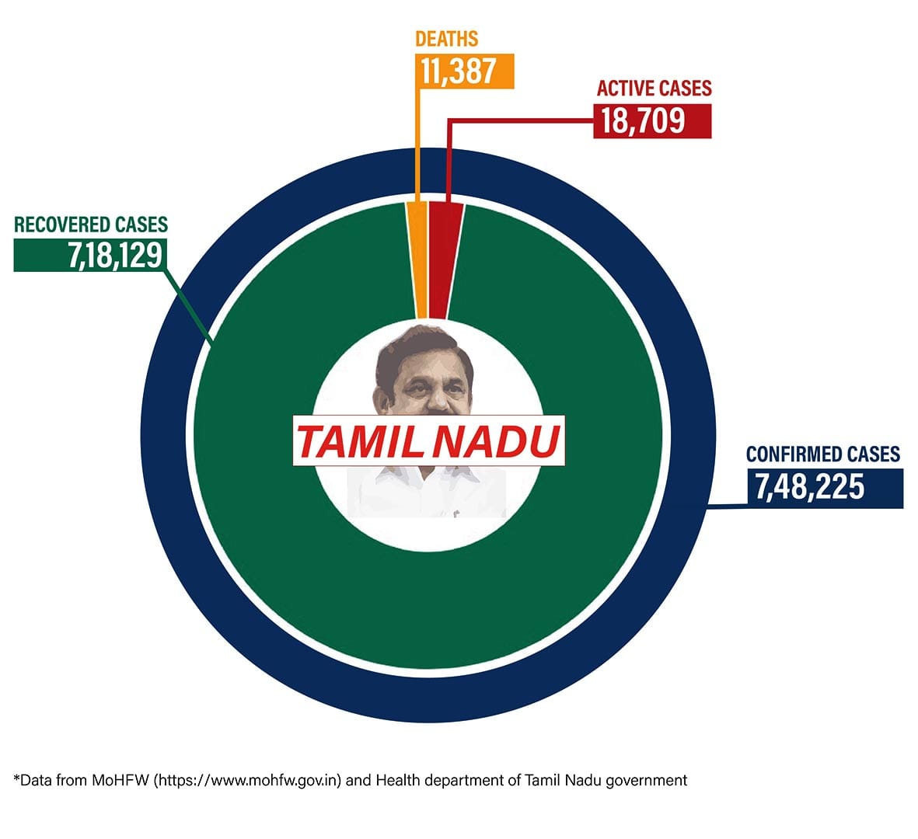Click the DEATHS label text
pos(446,39)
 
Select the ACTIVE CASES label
pos(654,88)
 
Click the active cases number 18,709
pos(643,120)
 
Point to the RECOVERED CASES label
pos(91,225)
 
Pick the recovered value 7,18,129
pos(114,255)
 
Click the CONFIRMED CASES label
pos(823,454)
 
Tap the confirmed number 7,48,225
pos(809,487)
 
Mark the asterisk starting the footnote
pos(16,778)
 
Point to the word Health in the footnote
pos(396,780)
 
